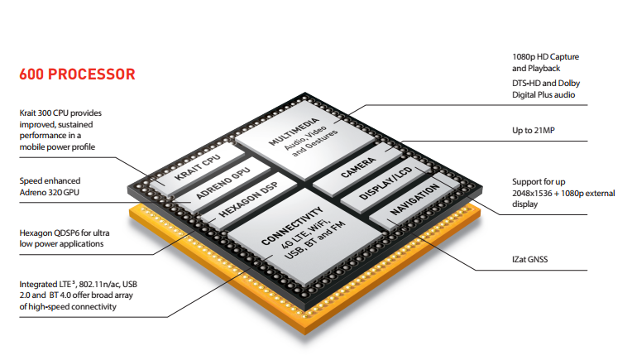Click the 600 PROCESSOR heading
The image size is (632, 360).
[x=77, y=74]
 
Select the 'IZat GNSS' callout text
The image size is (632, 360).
[x=531, y=260]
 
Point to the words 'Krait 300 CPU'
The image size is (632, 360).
[x=50, y=113]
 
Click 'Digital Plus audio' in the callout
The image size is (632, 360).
[x=543, y=95]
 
